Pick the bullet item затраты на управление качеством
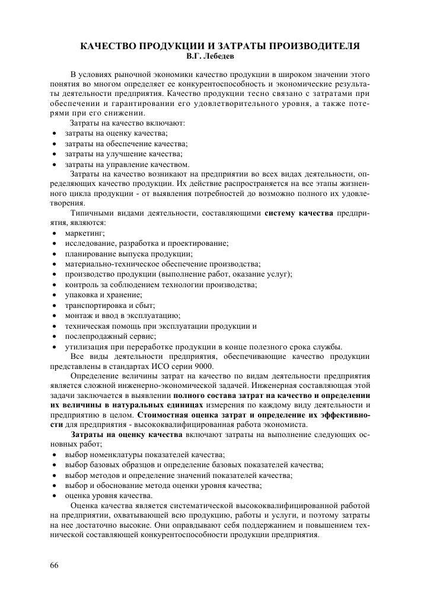point(127,163)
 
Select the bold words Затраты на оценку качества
point(126,434)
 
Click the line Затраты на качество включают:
point(127,123)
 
